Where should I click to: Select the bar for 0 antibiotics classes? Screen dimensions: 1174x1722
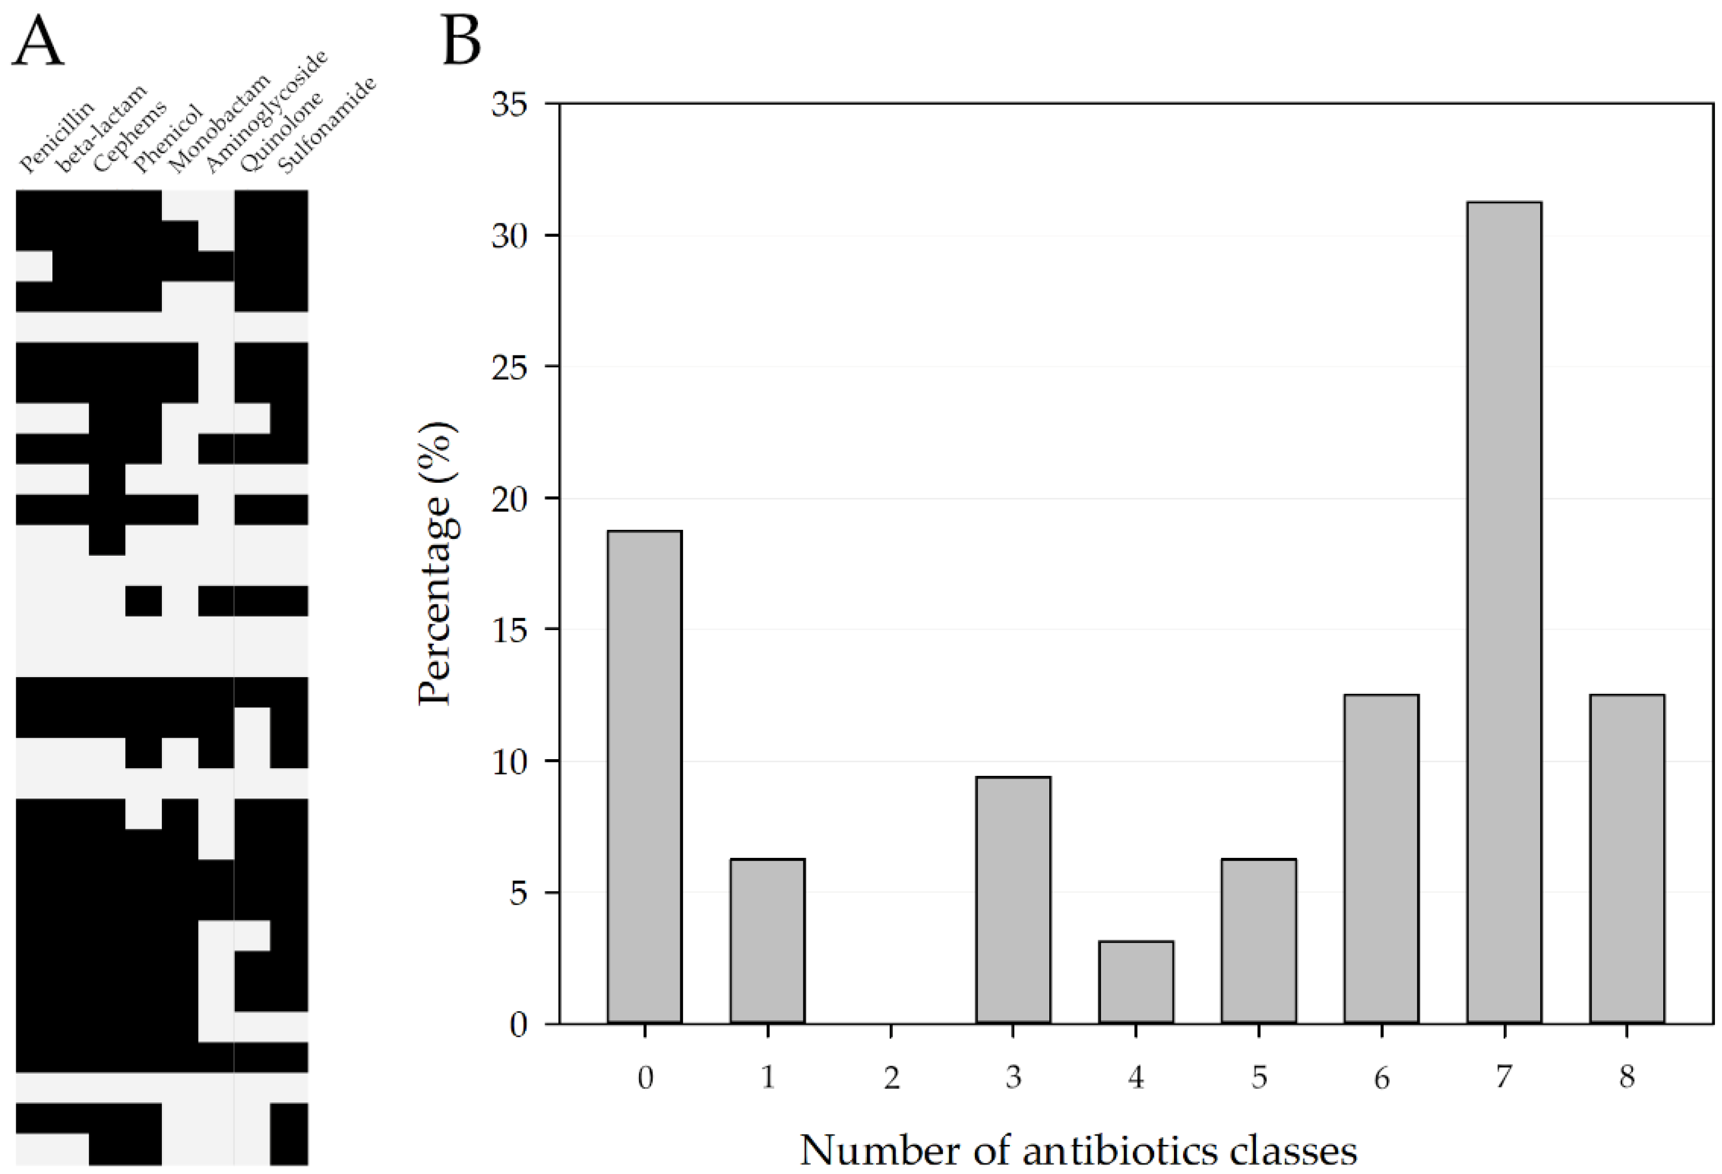click(x=645, y=777)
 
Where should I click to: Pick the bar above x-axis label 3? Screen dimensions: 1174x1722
click(x=1013, y=900)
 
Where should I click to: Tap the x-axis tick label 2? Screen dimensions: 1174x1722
click(x=891, y=1077)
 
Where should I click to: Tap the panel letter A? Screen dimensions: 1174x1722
click(x=38, y=44)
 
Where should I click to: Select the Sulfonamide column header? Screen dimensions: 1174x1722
click(x=327, y=126)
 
